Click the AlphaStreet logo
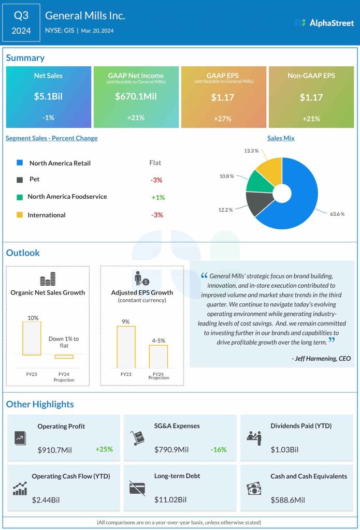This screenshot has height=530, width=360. click(x=324, y=22)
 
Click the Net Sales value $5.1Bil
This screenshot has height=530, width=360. click(x=48, y=97)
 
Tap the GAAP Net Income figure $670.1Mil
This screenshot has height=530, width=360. click(x=136, y=97)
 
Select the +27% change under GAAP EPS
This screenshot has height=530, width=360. click(x=223, y=117)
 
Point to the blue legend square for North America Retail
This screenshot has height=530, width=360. click(x=20, y=163)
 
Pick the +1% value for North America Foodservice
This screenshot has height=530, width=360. click(x=157, y=197)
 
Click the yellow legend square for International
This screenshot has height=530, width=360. click(x=20, y=215)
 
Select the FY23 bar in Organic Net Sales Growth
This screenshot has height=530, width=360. click(x=32, y=338)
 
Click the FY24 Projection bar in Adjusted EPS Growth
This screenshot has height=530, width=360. click(x=159, y=356)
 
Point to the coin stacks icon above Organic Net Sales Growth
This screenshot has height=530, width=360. click(x=48, y=280)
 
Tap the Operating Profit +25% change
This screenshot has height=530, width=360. click(x=104, y=449)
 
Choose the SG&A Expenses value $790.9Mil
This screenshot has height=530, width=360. click(x=171, y=449)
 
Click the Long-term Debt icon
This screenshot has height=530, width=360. click(x=137, y=488)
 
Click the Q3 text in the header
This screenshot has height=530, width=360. click(x=21, y=16)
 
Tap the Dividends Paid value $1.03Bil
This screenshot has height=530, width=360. click(x=284, y=449)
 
